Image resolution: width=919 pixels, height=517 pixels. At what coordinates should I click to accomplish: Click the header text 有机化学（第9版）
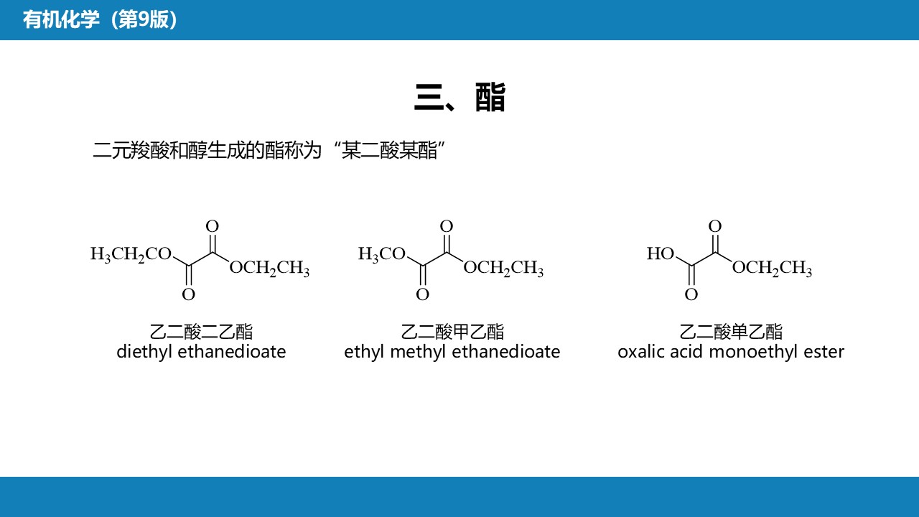(101, 19)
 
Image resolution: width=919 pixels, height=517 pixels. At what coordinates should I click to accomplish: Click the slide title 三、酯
(459, 98)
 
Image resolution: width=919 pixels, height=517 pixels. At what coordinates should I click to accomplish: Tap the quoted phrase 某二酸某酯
(389, 151)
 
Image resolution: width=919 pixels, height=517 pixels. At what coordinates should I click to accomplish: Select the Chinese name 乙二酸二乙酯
(201, 332)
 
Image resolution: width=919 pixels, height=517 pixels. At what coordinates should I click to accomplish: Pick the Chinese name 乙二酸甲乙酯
(452, 332)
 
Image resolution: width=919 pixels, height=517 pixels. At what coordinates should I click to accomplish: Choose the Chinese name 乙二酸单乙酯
(731, 332)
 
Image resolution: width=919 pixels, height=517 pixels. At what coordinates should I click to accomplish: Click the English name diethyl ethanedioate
(201, 352)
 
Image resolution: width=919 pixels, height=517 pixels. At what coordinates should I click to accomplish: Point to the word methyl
(415, 352)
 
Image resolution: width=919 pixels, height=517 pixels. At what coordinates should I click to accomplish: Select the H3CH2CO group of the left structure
(131, 254)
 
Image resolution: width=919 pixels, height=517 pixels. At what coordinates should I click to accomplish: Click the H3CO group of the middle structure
(382, 254)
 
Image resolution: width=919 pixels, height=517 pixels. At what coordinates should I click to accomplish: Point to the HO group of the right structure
(661, 254)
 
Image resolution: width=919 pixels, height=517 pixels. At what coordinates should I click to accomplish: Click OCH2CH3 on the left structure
(269, 269)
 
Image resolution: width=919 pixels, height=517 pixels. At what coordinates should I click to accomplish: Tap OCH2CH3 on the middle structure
(503, 269)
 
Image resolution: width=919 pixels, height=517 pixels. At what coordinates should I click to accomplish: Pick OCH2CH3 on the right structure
(772, 269)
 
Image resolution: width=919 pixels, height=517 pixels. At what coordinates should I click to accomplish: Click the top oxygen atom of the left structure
(212, 227)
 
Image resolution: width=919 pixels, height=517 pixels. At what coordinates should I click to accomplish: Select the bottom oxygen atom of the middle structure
(423, 294)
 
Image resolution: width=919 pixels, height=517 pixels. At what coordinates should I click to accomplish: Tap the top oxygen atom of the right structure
(714, 227)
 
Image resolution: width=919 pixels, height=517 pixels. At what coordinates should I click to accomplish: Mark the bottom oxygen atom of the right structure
(691, 294)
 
